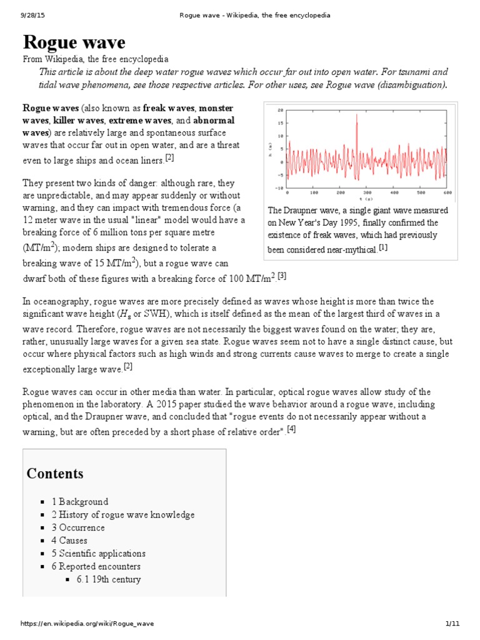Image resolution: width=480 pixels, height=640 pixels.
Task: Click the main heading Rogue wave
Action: [74, 42]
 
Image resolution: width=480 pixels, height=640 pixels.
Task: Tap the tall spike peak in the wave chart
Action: [357, 115]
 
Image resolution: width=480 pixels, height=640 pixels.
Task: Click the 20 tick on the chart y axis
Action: [281, 108]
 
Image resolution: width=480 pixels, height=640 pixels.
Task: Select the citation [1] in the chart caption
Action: [383, 248]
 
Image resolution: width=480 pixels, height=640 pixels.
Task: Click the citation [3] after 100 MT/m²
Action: [282, 276]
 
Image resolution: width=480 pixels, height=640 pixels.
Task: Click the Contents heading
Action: [54, 473]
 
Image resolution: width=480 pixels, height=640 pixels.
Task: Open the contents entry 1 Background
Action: [79, 501]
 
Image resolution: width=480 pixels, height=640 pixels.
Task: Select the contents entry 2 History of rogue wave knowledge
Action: [122, 514]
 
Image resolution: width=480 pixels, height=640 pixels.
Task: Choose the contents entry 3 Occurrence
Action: [78, 527]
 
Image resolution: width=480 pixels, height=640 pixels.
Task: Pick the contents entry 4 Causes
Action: [69, 541]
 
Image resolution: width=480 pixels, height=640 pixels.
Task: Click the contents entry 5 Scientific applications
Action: [98, 554]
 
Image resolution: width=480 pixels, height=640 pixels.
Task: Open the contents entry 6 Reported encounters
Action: [96, 567]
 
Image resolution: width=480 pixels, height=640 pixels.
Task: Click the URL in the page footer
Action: [87, 623]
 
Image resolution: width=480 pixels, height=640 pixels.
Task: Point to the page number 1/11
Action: [452, 623]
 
